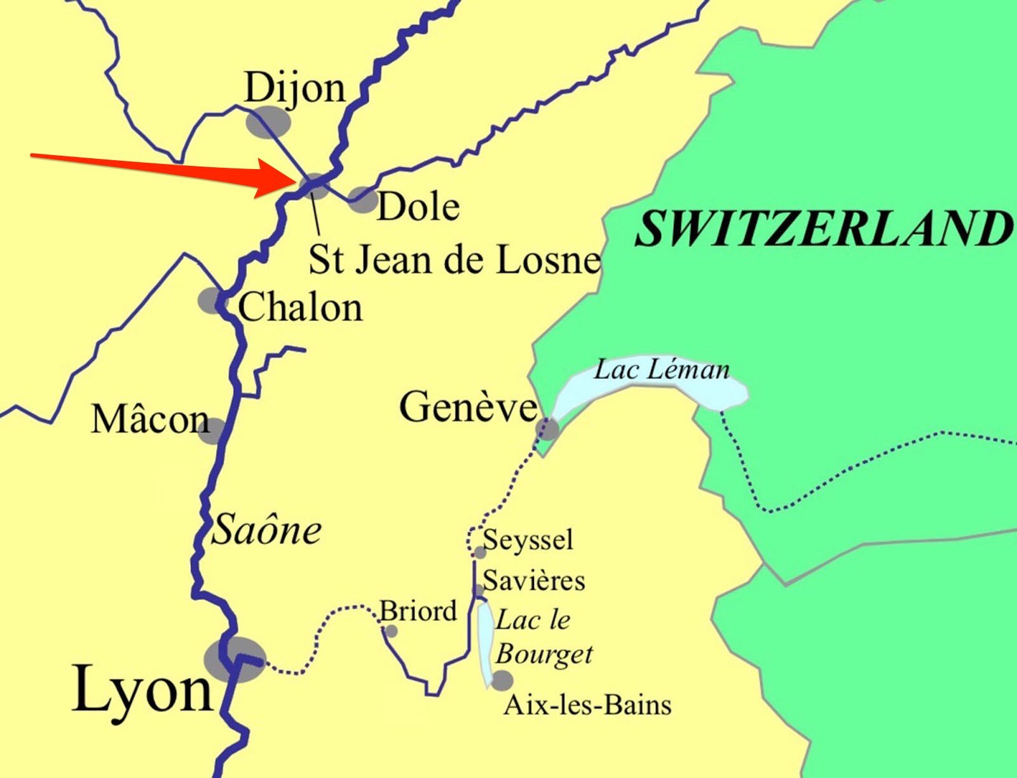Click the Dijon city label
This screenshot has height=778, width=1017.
[294, 88]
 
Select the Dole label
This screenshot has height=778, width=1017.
[418, 207]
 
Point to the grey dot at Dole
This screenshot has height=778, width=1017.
[363, 200]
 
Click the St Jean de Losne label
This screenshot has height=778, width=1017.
[454, 260]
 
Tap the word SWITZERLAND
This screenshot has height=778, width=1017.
[822, 229]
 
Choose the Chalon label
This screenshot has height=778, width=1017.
[300, 308]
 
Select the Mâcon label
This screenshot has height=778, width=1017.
[150, 420]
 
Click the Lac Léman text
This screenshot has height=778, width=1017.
[661, 370]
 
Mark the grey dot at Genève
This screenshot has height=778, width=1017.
[547, 429]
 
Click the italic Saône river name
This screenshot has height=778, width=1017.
[266, 530]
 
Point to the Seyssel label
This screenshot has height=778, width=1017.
[528, 540]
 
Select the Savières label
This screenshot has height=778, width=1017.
[534, 580]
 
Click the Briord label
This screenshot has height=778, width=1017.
[418, 611]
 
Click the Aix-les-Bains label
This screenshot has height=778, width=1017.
[587, 705]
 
